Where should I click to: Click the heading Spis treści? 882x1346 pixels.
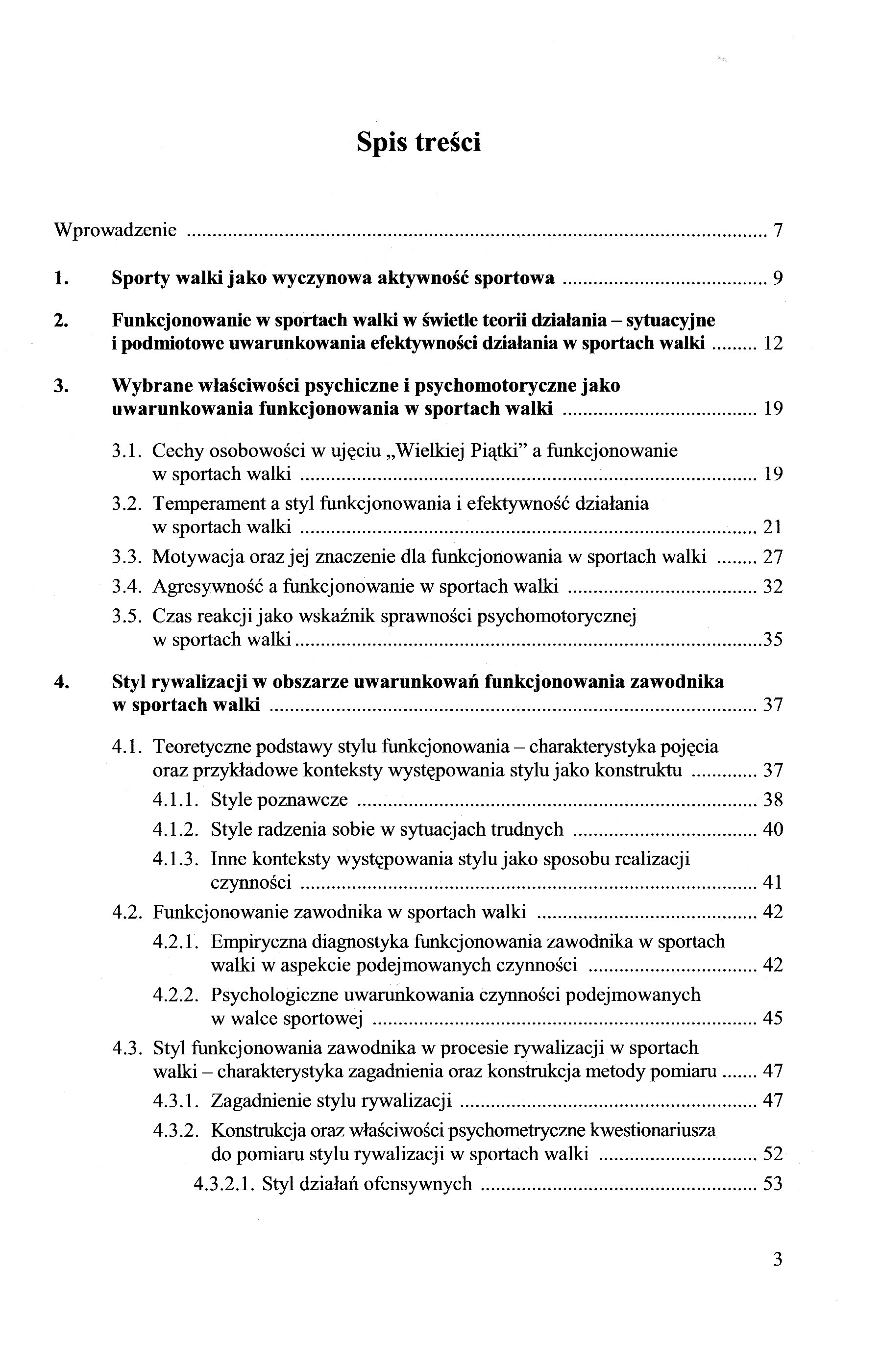(418, 142)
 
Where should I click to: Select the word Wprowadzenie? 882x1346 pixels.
(115, 231)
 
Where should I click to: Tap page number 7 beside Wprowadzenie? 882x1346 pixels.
(778, 231)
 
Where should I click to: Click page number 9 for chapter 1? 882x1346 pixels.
(778, 278)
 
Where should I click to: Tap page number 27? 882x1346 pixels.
(773, 557)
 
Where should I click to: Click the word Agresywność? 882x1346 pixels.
(207, 586)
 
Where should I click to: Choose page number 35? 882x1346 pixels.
(773, 640)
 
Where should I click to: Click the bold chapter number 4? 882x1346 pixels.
(61, 682)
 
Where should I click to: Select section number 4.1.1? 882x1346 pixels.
(175, 799)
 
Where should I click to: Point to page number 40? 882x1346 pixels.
(773, 830)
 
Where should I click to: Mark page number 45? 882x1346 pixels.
(773, 1019)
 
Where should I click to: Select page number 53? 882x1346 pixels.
(773, 1184)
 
